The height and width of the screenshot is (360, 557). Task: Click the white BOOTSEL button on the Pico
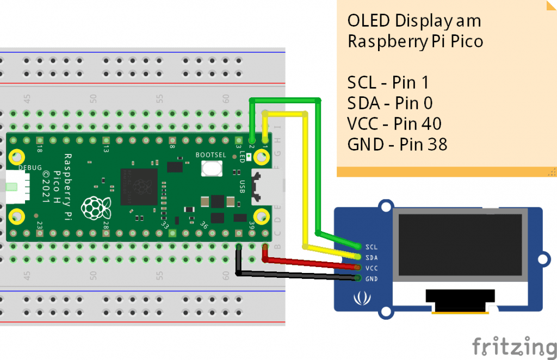pyautogui.click(x=211, y=168)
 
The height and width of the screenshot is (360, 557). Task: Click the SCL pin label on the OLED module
pyautogui.click(x=372, y=246)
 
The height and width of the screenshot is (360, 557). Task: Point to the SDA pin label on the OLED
pyautogui.click(x=372, y=257)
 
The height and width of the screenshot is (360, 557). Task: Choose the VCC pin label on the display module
pyautogui.click(x=372, y=268)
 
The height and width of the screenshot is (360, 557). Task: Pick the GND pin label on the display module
pyautogui.click(x=372, y=279)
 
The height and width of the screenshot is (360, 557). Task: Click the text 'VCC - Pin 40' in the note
pyautogui.click(x=394, y=124)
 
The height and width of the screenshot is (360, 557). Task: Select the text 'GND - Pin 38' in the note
pyautogui.click(x=397, y=145)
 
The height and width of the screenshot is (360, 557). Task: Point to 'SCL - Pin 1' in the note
pyautogui.click(x=388, y=83)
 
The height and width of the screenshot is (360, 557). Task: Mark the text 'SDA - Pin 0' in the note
pyautogui.click(x=389, y=103)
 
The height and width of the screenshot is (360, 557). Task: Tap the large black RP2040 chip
pyautogui.click(x=139, y=182)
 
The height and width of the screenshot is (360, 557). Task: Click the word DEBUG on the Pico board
pyautogui.click(x=30, y=167)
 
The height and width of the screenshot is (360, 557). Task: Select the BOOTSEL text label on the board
pyautogui.click(x=211, y=155)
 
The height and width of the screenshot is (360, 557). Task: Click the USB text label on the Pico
pyautogui.click(x=242, y=186)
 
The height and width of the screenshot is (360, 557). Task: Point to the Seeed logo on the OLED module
pyautogui.click(x=359, y=299)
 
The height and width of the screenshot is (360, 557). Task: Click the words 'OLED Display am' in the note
pyautogui.click(x=414, y=22)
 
